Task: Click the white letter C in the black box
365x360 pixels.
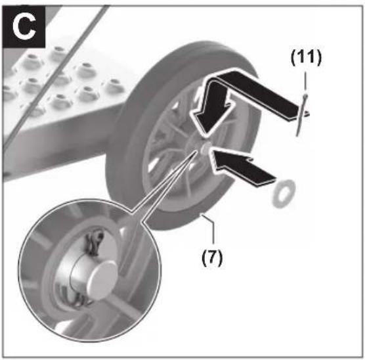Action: click(x=24, y=27)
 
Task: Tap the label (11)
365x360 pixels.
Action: click(x=306, y=57)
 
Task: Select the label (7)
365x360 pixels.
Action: click(x=212, y=258)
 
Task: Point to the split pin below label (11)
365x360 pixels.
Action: click(x=302, y=115)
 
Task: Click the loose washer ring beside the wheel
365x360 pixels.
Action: click(x=284, y=193)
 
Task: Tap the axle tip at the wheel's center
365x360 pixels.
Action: click(x=206, y=148)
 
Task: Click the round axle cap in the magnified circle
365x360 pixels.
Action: click(x=102, y=280)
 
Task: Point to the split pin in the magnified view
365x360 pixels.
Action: click(x=94, y=243)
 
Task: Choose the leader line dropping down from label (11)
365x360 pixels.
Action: click(x=306, y=81)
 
